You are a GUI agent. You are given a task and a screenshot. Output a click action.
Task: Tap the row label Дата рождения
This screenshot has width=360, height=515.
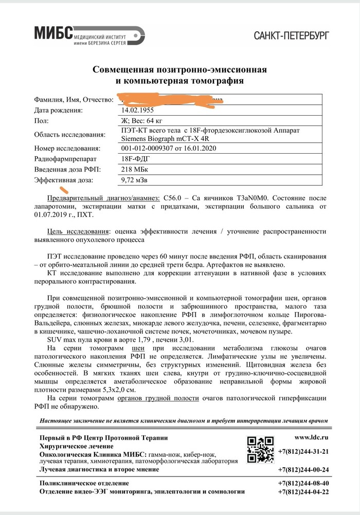tap(58, 110)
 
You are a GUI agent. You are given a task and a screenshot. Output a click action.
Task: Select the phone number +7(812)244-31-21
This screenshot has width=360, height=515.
tap(303, 452)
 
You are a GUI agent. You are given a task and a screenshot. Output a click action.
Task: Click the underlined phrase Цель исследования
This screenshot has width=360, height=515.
tap(77, 231)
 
